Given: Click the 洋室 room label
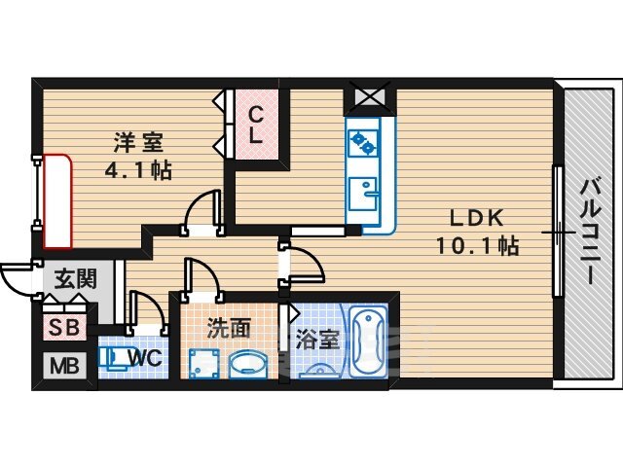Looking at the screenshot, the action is [138, 143].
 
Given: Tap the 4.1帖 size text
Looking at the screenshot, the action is [138, 170].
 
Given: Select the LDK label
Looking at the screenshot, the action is [476, 218].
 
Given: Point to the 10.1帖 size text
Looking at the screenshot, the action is [478, 245].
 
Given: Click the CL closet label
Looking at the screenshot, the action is [255, 126].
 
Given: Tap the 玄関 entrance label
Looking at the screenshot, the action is [76, 278].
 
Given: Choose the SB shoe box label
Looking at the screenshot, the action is [64, 328].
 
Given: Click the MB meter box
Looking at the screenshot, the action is [64, 366].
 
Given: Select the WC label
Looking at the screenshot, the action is [145, 358].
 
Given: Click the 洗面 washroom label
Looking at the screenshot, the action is [229, 329].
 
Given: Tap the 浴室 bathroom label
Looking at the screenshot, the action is [317, 340].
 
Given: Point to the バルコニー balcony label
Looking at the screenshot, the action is [590, 232].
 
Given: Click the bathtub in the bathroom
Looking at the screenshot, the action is [368, 341].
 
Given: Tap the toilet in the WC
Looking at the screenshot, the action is [113, 358].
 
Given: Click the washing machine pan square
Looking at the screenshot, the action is [203, 364].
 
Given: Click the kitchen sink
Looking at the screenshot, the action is [363, 195].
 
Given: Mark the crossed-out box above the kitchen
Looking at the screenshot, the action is [370, 96].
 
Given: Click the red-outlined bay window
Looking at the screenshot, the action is [57, 201].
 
